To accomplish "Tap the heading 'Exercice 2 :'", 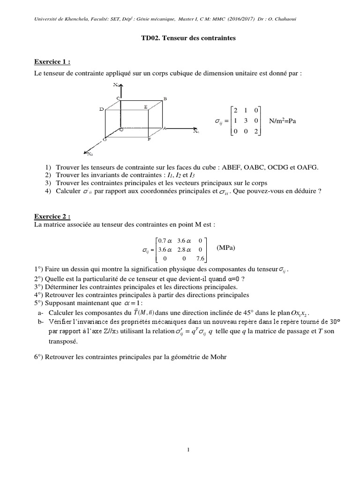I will [52, 217].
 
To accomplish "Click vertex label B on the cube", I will [165, 98].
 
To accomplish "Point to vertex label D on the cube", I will [101, 109].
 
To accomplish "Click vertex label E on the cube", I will [146, 107].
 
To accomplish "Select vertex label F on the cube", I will [149, 140].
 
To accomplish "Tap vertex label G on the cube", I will [105, 140].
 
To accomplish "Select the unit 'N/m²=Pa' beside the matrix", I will [283, 121].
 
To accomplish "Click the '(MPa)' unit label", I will [226, 247].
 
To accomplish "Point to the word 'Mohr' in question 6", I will [216, 357].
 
